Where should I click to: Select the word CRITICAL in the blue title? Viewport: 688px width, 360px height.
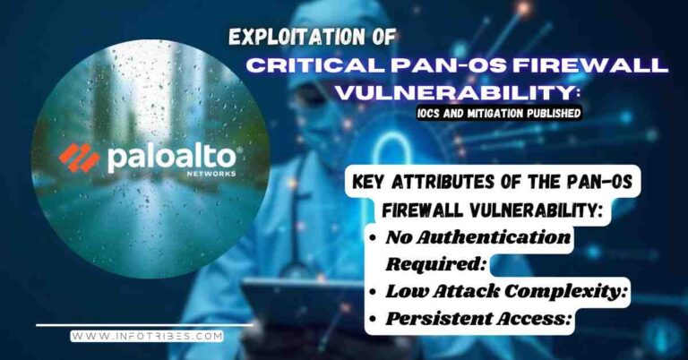(304, 66)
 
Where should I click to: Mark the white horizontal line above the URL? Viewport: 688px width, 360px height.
(143, 324)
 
